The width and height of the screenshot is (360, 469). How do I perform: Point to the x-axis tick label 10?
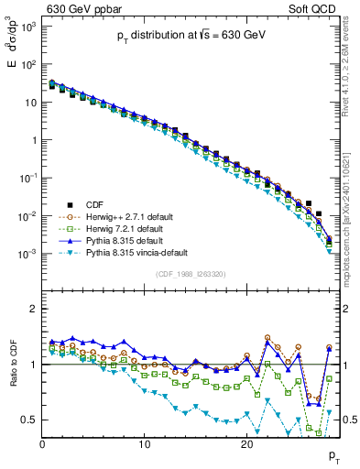coord(144,442)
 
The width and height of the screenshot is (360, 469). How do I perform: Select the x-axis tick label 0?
coord(42,442)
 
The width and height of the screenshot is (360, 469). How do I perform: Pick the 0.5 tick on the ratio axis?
coord(30,420)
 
